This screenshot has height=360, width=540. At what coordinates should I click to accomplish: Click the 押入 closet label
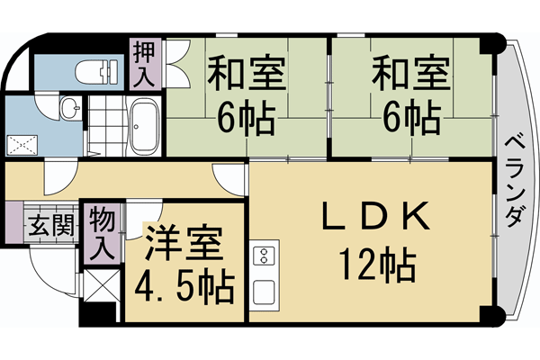tap(144, 64)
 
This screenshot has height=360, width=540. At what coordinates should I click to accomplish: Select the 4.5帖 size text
tap(184, 288)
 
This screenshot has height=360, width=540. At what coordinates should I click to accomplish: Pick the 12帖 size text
tap(378, 265)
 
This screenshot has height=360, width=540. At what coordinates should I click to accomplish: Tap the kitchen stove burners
tap(265, 256)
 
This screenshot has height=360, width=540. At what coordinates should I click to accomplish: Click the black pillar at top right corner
tap(493, 43)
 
